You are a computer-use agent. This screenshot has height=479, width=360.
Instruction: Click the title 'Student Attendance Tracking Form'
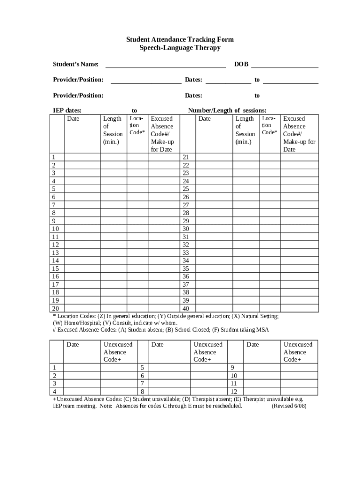point(180,40)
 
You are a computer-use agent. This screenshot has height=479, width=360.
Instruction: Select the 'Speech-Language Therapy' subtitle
point(180,48)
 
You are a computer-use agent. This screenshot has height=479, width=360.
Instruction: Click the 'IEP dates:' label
point(66,111)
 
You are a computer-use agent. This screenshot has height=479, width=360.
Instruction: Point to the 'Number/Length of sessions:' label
point(227,111)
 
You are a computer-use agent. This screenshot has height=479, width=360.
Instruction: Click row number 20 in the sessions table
point(55,309)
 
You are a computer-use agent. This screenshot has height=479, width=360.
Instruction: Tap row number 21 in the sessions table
point(186,157)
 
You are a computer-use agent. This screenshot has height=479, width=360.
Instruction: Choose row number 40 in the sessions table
point(186,309)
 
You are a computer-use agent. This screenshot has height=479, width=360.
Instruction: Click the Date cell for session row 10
point(82,229)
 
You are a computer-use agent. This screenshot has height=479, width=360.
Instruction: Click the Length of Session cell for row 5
point(114,189)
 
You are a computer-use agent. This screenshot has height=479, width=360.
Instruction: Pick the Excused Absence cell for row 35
point(300,269)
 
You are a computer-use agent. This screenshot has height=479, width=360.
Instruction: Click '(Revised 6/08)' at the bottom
point(289,406)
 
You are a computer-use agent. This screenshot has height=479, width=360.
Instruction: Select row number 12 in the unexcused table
point(234,392)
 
